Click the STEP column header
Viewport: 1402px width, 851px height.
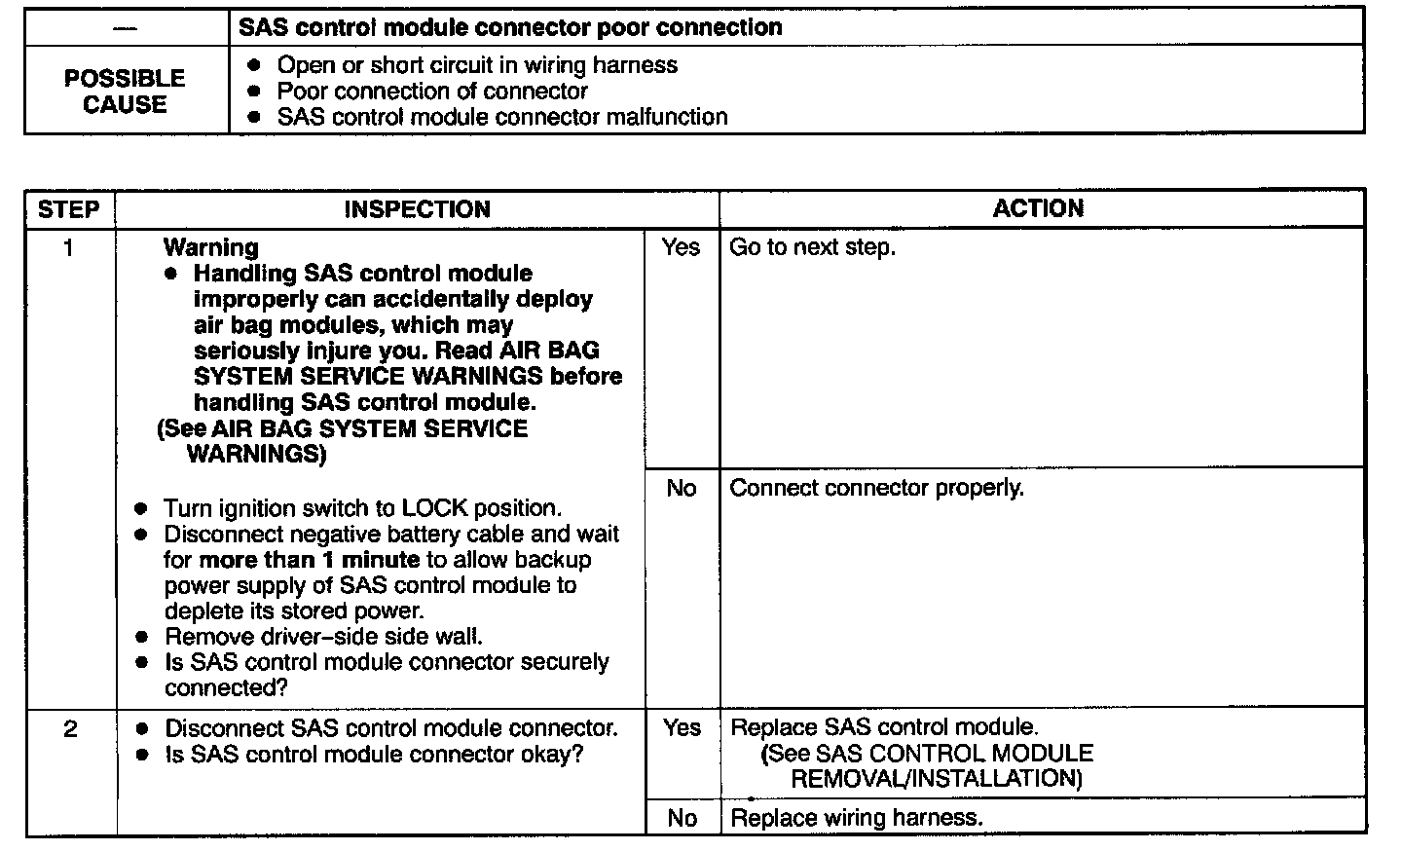click(x=68, y=209)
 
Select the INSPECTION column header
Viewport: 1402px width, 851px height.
click(x=417, y=209)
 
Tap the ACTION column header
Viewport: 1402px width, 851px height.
click(x=1038, y=208)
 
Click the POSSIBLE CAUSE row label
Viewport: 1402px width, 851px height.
click(x=125, y=91)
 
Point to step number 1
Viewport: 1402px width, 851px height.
click(x=68, y=248)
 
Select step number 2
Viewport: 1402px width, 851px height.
click(x=70, y=728)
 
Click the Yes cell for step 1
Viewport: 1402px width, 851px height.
click(x=681, y=247)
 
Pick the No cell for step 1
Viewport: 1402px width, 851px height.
click(x=682, y=488)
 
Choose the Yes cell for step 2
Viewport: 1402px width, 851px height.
click(x=682, y=727)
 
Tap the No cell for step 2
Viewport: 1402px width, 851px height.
click(x=683, y=818)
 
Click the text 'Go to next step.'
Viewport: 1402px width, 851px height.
click(x=812, y=247)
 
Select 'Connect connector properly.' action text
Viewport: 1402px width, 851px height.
click(x=876, y=488)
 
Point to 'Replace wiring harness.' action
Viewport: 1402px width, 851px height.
click(x=856, y=818)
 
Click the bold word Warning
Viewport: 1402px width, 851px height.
click(x=210, y=247)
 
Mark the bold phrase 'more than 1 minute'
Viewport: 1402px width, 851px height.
click(x=309, y=560)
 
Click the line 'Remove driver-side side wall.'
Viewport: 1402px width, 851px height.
click(x=323, y=637)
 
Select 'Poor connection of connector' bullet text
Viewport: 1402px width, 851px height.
click(x=432, y=92)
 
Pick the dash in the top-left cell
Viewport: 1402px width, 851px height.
click(x=125, y=27)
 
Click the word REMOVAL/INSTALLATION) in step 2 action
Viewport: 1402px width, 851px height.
click(x=936, y=779)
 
